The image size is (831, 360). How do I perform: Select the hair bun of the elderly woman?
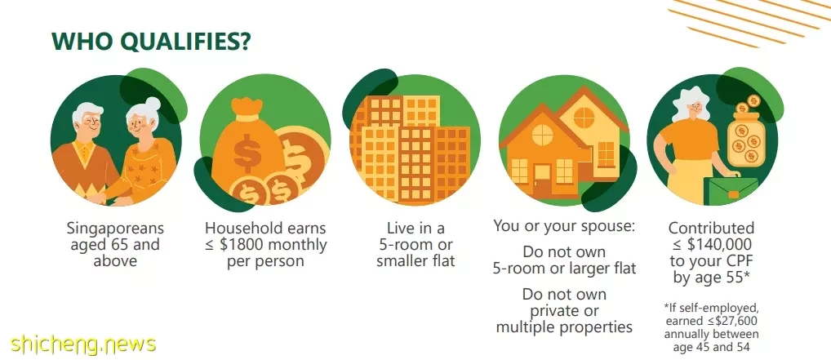point(153,104)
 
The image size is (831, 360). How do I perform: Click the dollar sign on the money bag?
point(247,153)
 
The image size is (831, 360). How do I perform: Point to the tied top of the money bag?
point(247,109)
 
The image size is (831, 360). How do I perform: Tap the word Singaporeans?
point(115,229)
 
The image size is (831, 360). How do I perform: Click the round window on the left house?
point(542,135)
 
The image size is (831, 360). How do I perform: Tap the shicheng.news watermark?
point(82,344)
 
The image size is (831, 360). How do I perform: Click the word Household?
point(238,229)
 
